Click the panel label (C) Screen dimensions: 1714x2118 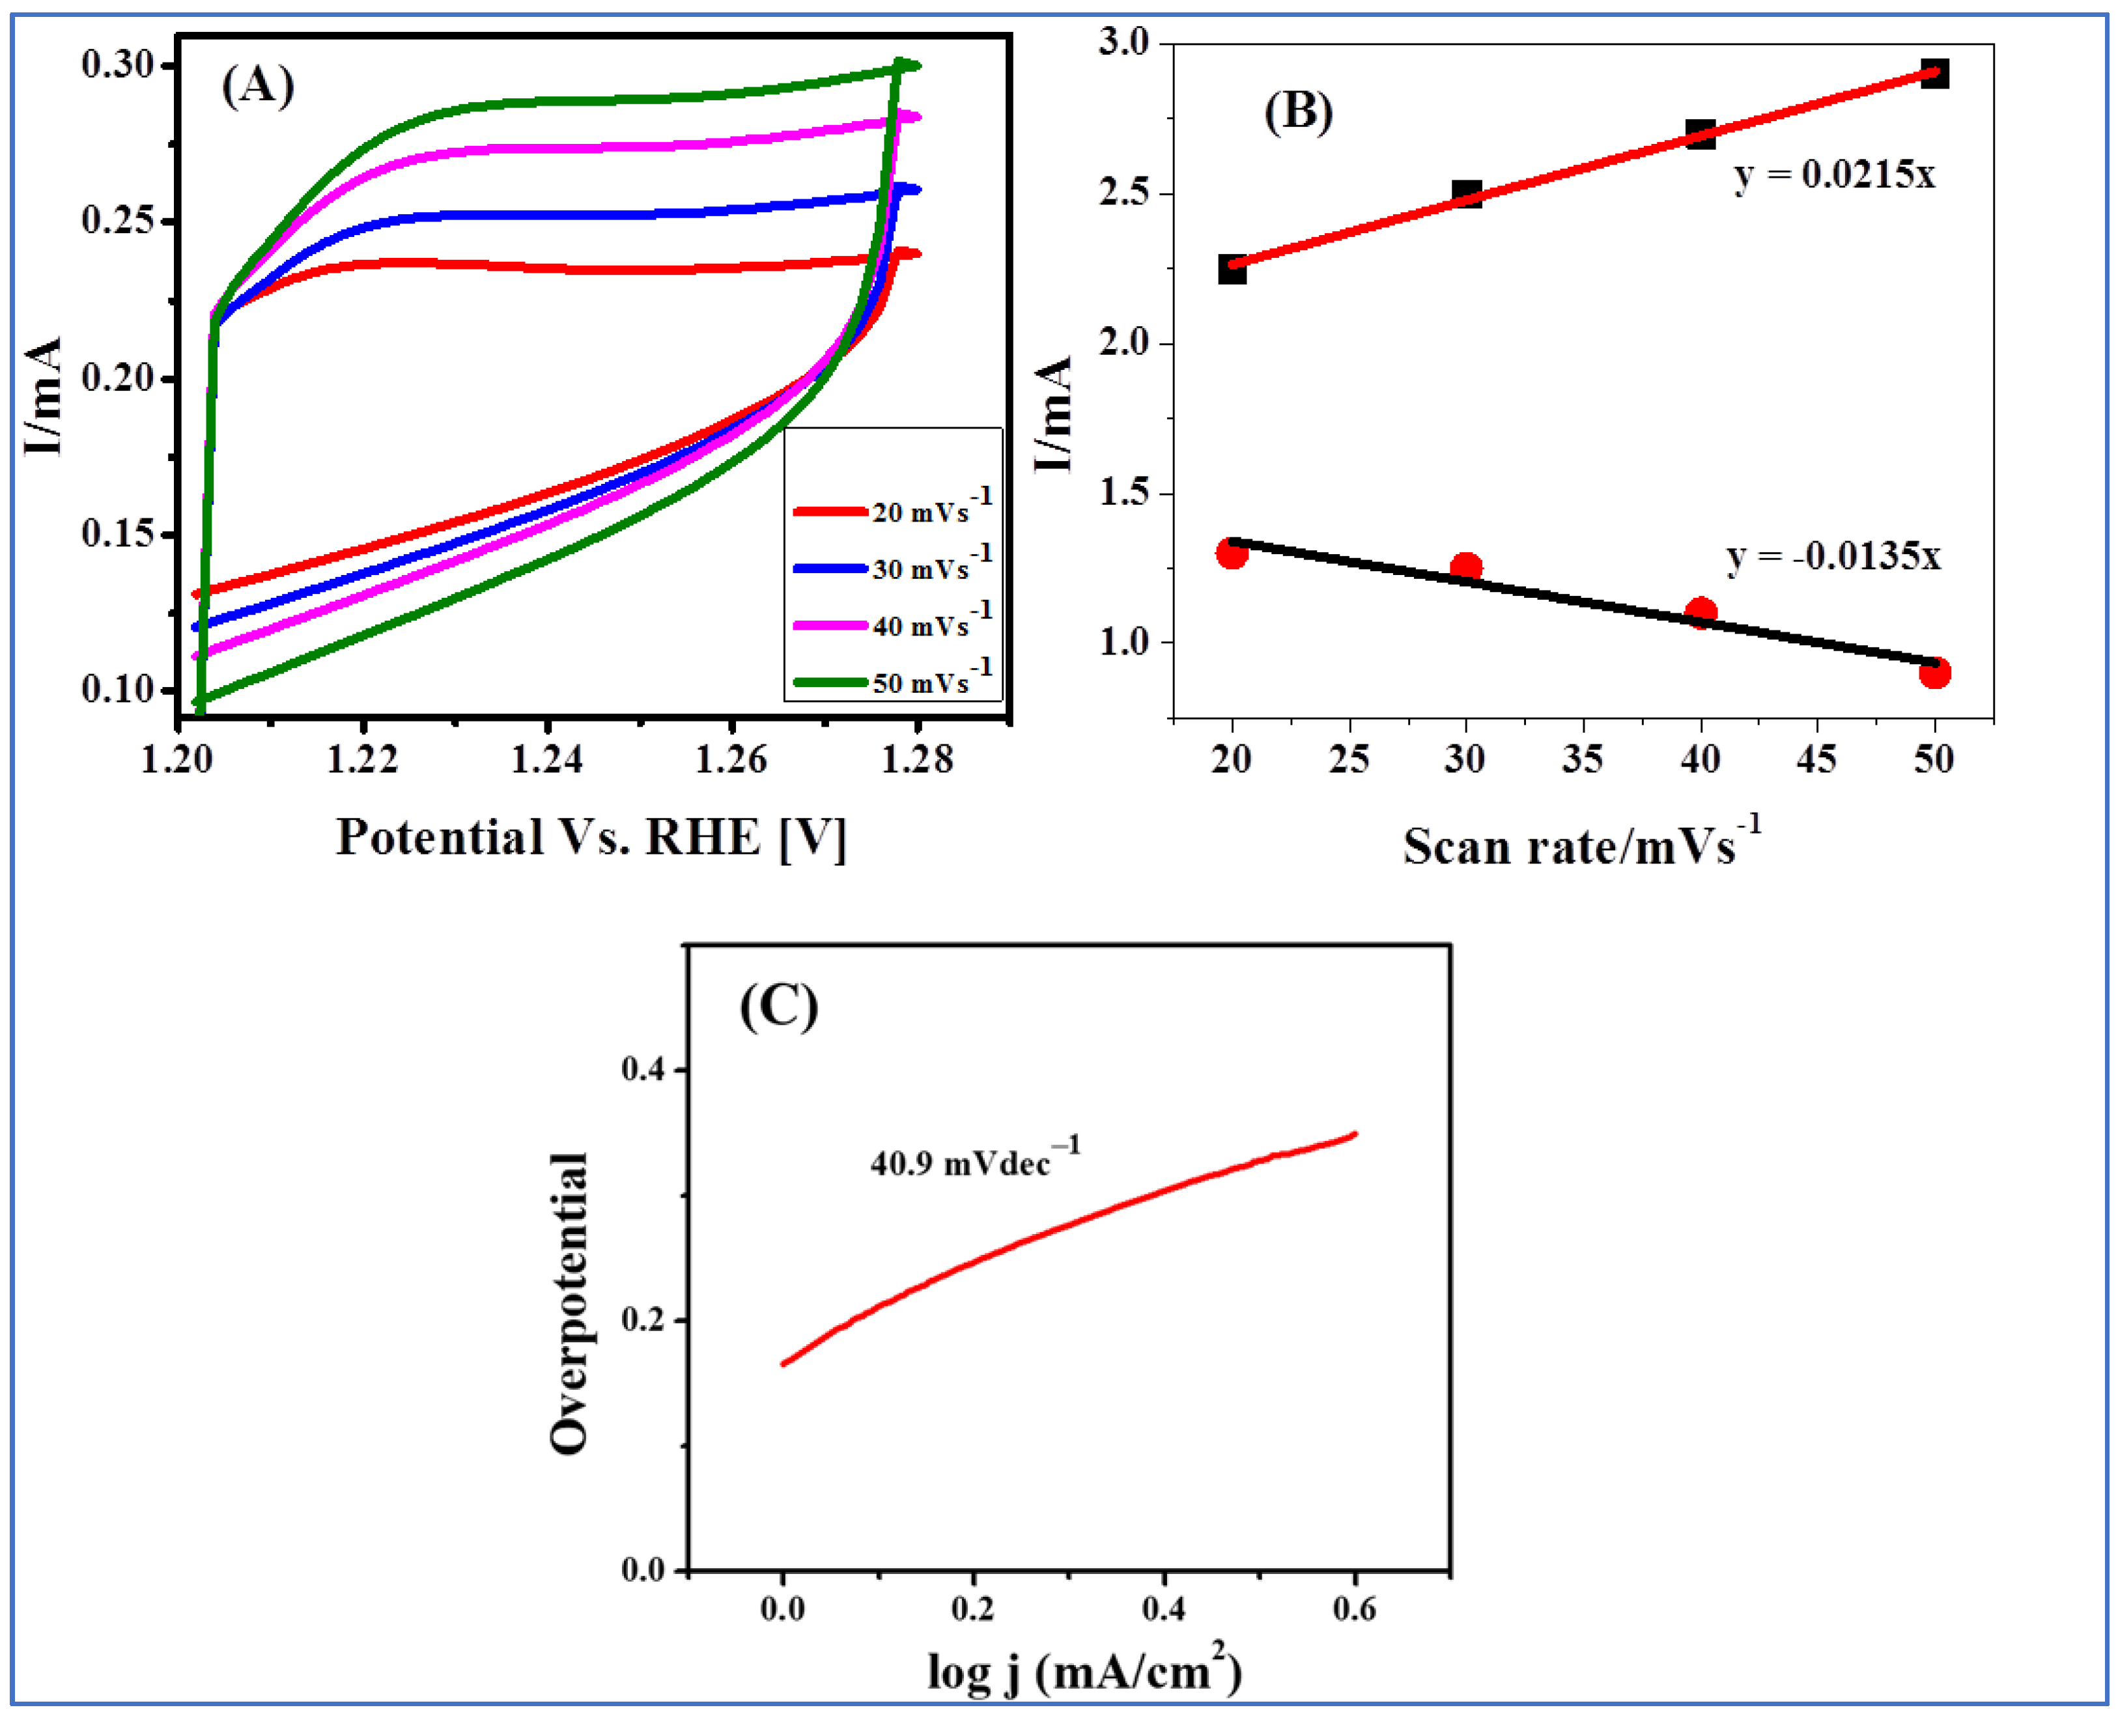(x=779, y=1006)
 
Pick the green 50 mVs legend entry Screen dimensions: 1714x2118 (x=893, y=681)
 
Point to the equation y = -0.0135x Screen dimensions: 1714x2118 (x=1833, y=556)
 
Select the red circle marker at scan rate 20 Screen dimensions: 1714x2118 (x=1232, y=553)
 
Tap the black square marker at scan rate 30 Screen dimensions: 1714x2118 (x=1466, y=193)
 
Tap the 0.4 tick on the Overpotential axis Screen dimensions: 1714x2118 (x=643, y=1069)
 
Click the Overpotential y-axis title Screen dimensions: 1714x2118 (x=570, y=1303)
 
